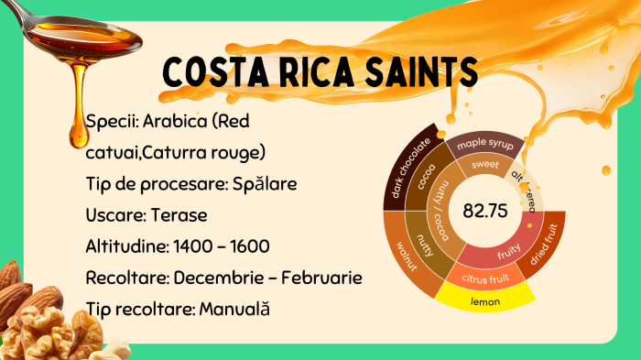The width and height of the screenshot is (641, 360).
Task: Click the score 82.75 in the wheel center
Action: (484, 211)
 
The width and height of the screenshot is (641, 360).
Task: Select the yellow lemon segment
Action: (484, 299)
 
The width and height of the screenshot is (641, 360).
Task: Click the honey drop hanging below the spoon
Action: (80, 135)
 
